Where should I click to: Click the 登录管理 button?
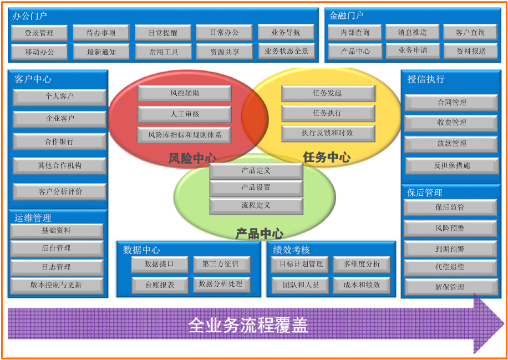39,33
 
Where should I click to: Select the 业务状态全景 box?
286,51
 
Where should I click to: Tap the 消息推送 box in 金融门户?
412,33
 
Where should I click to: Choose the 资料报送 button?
471,51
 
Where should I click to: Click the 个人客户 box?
59,97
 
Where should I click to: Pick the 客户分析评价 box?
59,192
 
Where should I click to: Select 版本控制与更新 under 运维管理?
56,285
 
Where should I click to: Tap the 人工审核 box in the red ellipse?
184,114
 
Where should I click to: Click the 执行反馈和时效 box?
327,133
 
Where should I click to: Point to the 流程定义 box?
256,206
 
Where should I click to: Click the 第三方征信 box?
220,265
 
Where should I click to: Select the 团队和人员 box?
299,285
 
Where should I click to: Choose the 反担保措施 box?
451,165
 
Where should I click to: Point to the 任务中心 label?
327,158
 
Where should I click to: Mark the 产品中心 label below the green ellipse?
259,234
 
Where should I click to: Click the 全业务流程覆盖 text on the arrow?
248,325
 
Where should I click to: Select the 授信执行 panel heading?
426,79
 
